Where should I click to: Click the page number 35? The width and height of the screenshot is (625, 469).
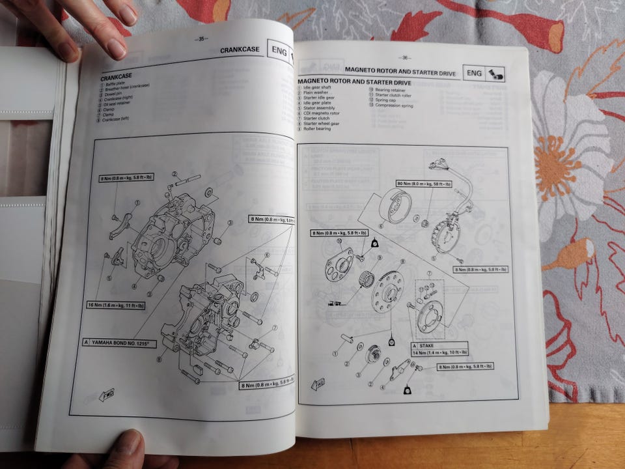coord(202,39)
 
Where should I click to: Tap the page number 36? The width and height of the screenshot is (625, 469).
coord(404,57)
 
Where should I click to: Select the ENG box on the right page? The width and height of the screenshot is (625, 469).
coord(473,74)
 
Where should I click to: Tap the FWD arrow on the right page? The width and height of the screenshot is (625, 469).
coord(318,384)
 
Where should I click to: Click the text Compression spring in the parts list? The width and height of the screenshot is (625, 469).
coord(393,106)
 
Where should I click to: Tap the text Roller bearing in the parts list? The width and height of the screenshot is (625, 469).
coord(316,128)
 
